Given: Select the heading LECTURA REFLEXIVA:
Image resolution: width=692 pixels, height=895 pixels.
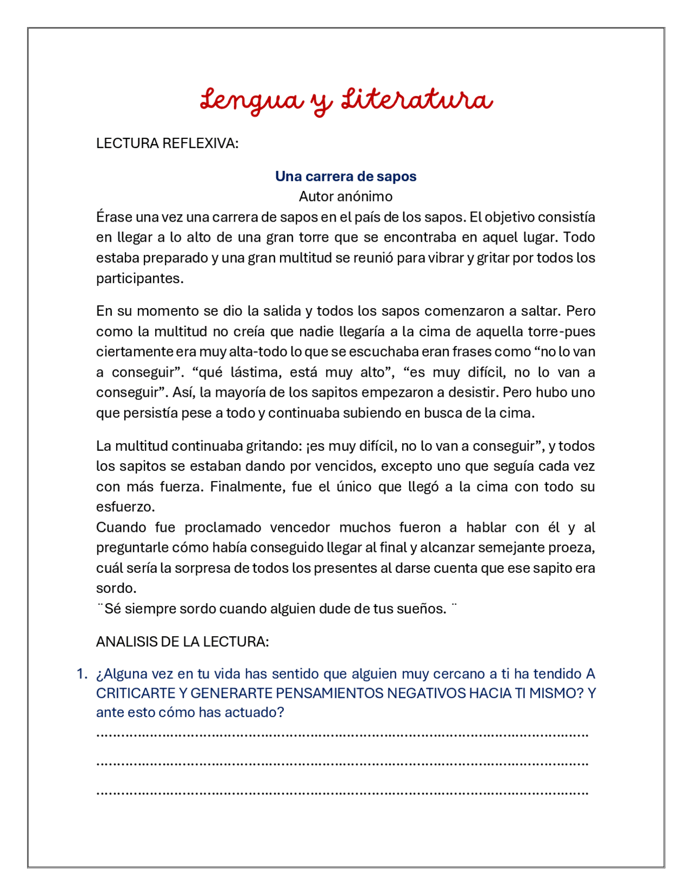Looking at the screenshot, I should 167,144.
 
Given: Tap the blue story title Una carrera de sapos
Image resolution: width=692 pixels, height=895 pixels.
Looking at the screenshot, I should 345,176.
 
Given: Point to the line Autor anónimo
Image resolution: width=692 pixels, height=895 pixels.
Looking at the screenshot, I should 345,196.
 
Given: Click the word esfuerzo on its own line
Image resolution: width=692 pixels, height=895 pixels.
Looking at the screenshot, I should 124,507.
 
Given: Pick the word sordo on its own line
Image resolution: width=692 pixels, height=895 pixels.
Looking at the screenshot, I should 115,588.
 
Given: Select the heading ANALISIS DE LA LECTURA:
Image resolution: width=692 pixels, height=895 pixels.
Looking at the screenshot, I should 182,642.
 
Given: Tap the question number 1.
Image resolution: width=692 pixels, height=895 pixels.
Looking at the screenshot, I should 82,673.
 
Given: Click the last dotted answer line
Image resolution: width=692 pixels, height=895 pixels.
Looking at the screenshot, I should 342,793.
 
